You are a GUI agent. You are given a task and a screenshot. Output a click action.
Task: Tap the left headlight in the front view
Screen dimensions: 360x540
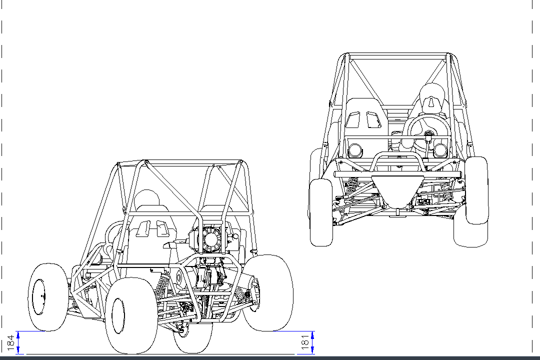pyautogui.click(x=356, y=150)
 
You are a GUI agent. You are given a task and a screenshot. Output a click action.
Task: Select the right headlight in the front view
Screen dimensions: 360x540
pyautogui.click(x=440, y=150)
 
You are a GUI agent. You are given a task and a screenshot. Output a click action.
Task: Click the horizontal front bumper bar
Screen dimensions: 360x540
pyautogui.click(x=397, y=174)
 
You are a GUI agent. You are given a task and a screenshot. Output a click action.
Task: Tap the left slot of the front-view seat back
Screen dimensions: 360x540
pyautogui.click(x=353, y=121)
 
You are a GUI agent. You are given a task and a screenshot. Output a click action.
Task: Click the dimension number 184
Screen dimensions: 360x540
pyautogui.click(x=10, y=342)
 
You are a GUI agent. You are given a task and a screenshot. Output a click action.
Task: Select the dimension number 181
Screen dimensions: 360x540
pyautogui.click(x=304, y=342)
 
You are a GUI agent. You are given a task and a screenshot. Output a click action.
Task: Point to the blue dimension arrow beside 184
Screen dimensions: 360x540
pyautogui.click(x=18, y=342)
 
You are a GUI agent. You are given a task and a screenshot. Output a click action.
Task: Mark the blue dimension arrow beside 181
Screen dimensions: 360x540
pyautogui.click(x=312, y=342)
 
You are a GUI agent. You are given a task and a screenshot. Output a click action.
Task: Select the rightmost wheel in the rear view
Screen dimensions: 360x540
pyautogui.click(x=270, y=292)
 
